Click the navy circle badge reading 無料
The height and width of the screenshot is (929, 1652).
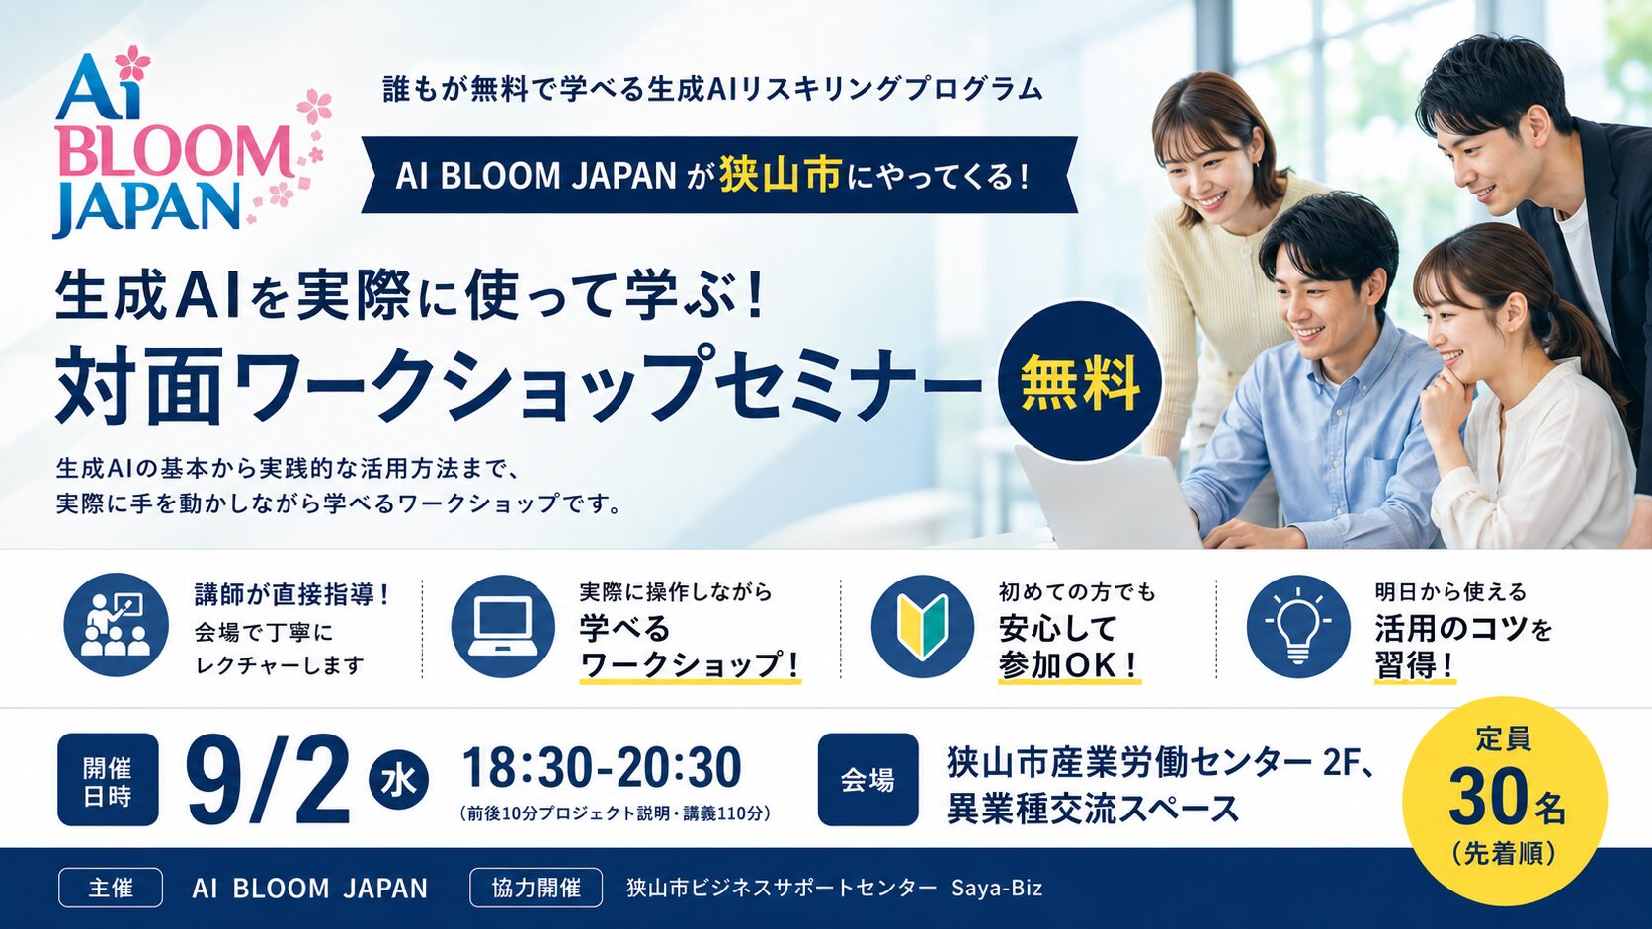click(x=1080, y=381)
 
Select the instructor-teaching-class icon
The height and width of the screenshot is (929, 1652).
click(x=116, y=626)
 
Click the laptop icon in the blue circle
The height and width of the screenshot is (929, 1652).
click(x=503, y=626)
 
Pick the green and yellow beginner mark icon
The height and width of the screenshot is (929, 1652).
click(x=923, y=626)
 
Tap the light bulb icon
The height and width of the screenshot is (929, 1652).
click(x=1298, y=626)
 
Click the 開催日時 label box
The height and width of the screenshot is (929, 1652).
click(x=108, y=780)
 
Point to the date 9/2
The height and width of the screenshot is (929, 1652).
click(x=268, y=781)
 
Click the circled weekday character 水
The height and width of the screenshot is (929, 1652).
click(x=398, y=780)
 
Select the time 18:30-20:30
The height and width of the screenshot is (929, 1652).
click(x=602, y=767)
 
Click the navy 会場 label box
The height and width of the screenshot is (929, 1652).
click(x=868, y=780)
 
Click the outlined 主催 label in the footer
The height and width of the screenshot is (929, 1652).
click(x=111, y=888)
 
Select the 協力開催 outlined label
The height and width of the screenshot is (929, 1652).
click(x=537, y=888)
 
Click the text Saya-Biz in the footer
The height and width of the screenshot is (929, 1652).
click(x=997, y=889)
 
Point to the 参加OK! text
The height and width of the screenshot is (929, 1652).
click(x=1069, y=665)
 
